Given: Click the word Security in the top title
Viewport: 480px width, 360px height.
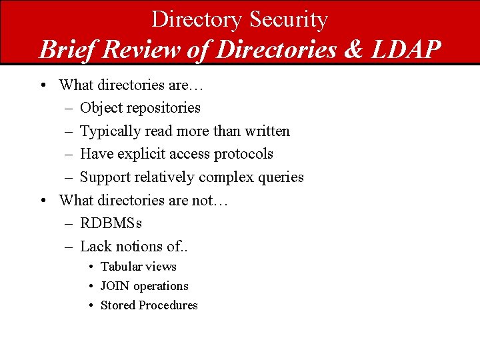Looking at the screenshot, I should pyautogui.click(x=289, y=19).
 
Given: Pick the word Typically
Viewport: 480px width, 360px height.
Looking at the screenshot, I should pyautogui.click(x=107, y=131).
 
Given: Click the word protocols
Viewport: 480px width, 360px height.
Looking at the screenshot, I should pyautogui.click(x=243, y=154).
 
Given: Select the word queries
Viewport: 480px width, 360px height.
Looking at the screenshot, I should pyautogui.click(x=279, y=177).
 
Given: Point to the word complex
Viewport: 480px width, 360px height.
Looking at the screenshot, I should pyautogui.click(x=225, y=177).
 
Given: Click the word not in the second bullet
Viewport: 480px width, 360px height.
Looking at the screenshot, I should pyautogui.click(x=200, y=200).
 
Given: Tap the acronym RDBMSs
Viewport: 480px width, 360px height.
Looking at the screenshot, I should pyautogui.click(x=111, y=223).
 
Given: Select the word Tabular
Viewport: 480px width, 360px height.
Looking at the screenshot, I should pyautogui.click(x=121, y=267).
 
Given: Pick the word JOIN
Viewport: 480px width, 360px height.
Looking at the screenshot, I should pyautogui.click(x=115, y=286).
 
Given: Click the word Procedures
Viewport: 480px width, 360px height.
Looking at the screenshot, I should pyautogui.click(x=168, y=305).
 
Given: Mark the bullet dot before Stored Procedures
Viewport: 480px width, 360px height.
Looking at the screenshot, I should pyautogui.click(x=90, y=305).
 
